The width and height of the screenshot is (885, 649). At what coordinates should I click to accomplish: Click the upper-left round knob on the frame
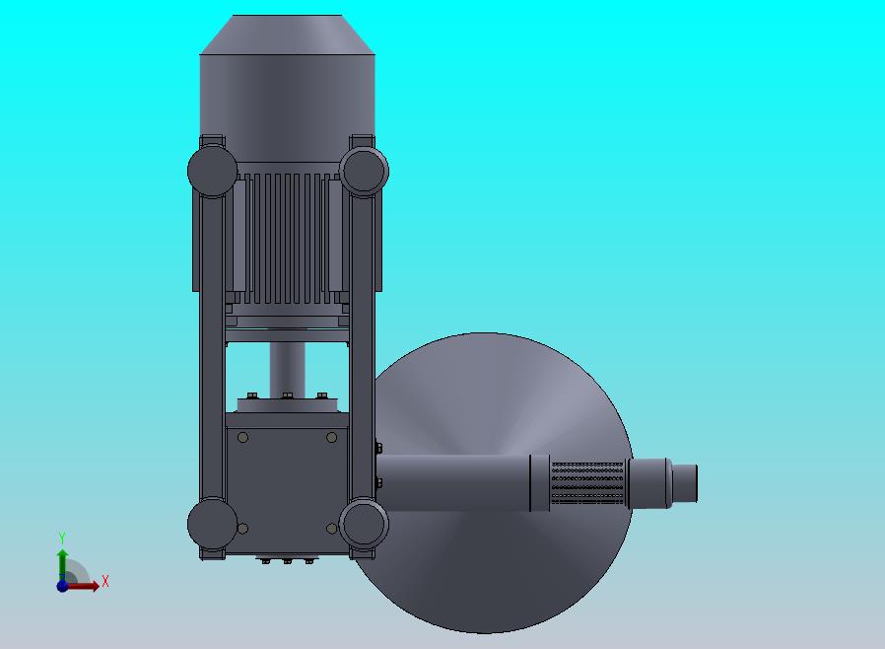pos(212,172)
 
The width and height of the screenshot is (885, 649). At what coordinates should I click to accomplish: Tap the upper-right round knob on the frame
pos(364,172)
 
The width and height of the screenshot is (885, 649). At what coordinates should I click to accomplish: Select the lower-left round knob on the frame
pos(212,523)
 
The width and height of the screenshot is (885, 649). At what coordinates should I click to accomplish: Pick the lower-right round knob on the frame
pos(364,523)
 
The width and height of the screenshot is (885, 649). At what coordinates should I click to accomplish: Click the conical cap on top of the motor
pos(287,35)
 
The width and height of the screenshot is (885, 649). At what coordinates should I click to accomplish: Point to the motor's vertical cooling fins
pos(287,238)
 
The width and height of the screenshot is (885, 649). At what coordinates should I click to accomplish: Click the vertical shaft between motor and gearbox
pos(288,370)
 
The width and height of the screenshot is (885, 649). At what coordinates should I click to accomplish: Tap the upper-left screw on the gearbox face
pos(243,437)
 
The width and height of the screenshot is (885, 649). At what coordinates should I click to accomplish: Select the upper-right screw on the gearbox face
pos(332,437)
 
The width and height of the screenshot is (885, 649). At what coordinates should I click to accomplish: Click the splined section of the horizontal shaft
pos(587,483)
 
